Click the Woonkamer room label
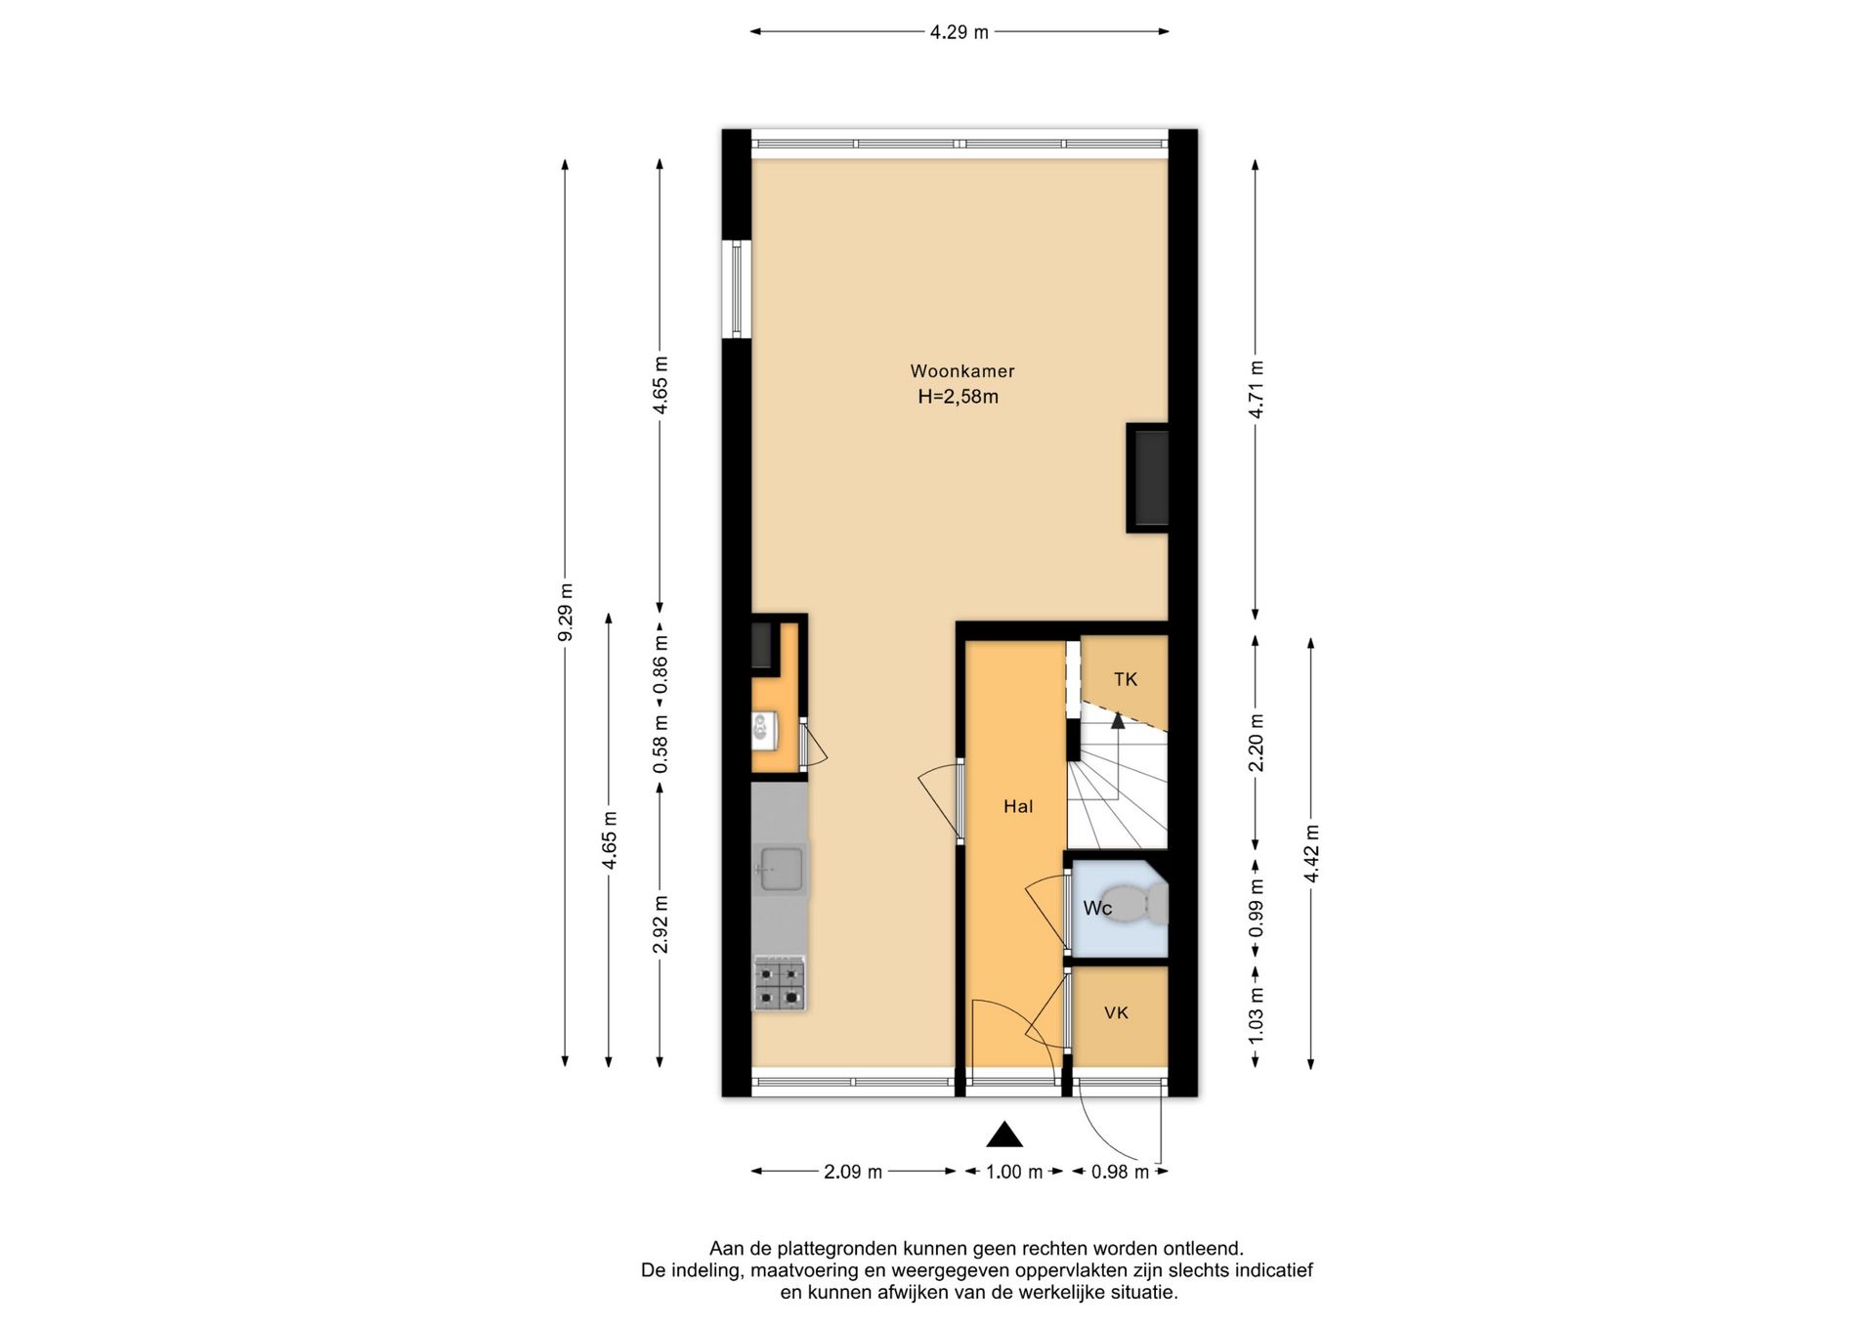(962, 371)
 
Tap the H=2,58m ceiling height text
(959, 397)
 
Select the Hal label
(1018, 806)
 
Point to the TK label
(1126, 679)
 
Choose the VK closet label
(1116, 1012)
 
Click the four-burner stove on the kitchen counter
(779, 984)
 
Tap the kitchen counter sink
(780, 869)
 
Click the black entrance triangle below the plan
(1004, 1134)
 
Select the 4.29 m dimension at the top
(959, 32)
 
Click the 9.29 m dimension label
(565, 613)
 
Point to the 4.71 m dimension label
(1257, 389)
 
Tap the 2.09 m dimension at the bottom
(853, 1172)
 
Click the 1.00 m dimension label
(1014, 1172)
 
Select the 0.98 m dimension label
(1120, 1172)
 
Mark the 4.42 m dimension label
(1311, 854)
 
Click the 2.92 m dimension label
(661, 924)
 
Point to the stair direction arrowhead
(1118, 720)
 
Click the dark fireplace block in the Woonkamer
(1148, 478)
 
